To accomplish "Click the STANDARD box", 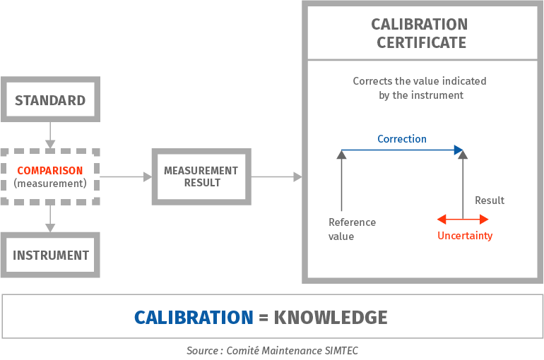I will pos(50,100).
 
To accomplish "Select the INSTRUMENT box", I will pos(50,255).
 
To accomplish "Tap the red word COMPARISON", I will pos(50,170).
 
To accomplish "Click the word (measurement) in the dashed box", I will pos(50,184).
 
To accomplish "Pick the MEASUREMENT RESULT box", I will pos(201,176).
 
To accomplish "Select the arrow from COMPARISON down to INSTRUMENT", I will pos(50,218).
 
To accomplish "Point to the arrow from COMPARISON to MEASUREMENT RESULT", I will pos(125,176).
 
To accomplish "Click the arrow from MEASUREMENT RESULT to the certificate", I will pos(276,176).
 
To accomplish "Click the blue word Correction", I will pos(402,138).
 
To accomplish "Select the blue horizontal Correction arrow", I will pos(402,150).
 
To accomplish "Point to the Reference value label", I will pos(352,229).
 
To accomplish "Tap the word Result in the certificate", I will pos(490,200).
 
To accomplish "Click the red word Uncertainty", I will pos(465,236).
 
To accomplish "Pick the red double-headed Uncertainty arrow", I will pos(463,220).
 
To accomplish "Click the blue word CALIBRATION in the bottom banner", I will pos(194,317).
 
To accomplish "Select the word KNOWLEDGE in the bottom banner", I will pos(331,317).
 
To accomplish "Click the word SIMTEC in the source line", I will pos(342,350).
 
